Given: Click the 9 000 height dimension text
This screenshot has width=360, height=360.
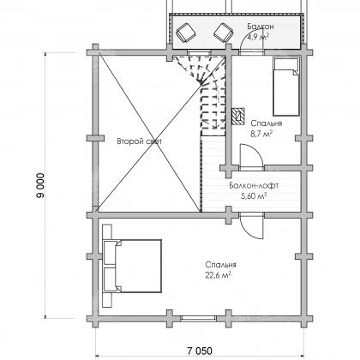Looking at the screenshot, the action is point(40,185).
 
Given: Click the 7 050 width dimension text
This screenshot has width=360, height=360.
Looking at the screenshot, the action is point(200,351).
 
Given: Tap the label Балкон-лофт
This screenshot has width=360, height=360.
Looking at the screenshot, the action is point(254,186).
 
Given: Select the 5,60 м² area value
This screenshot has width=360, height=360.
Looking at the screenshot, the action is point(255,196).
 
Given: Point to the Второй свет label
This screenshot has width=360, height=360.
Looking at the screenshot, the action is point(140,141).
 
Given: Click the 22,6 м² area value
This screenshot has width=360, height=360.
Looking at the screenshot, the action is point(218,275).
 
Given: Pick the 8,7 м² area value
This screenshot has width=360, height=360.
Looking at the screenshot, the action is point(261,134).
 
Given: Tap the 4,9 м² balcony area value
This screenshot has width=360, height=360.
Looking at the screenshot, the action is point(258,37).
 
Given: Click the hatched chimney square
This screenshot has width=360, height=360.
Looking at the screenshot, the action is point(238,116).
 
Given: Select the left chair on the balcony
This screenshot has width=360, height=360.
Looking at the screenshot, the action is point(186,32).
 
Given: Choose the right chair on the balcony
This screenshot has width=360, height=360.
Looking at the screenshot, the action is point(224,32).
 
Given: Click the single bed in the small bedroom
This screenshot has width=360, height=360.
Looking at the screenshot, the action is point(286,87).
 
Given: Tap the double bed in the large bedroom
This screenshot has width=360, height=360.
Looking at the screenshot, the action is point(132,266).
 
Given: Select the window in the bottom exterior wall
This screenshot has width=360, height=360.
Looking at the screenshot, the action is point(199,318).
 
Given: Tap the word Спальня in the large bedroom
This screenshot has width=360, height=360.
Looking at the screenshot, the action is point(220,265).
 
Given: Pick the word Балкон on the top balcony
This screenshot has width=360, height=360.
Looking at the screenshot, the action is point(261,27).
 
